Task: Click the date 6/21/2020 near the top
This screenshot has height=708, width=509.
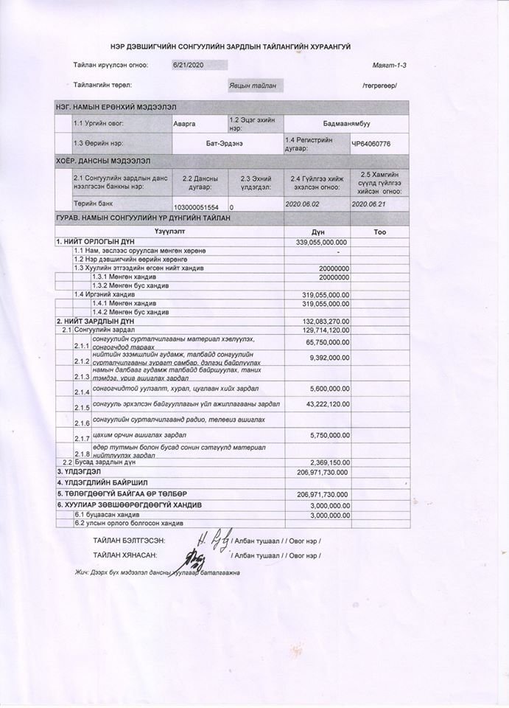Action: (x=188, y=65)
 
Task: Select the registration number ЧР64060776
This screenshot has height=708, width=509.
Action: (x=371, y=144)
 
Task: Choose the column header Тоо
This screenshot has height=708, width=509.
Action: (x=379, y=232)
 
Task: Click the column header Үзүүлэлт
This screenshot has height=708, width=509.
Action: (x=169, y=232)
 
